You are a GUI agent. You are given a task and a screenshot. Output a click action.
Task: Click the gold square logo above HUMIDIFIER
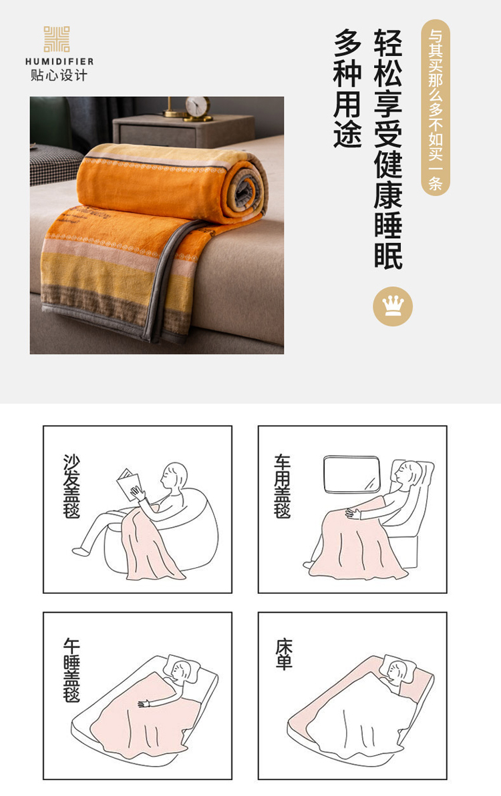(x=56, y=39)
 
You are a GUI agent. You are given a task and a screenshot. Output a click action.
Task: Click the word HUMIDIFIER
(x=59, y=61)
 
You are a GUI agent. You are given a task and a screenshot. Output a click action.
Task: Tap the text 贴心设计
(x=59, y=75)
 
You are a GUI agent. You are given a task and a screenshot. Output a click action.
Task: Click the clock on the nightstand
(x=198, y=108)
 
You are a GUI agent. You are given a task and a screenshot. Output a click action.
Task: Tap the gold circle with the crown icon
(x=393, y=306)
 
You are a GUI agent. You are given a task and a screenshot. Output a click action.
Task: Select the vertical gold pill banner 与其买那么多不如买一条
(x=436, y=107)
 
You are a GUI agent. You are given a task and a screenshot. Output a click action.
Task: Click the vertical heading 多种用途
(x=347, y=89)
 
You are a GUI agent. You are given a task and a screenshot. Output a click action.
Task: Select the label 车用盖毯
(x=283, y=486)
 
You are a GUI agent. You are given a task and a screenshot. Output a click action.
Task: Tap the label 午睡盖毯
(x=71, y=670)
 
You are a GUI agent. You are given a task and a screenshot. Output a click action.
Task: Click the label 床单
(x=284, y=655)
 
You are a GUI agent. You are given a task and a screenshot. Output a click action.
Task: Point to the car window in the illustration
(x=351, y=474)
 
